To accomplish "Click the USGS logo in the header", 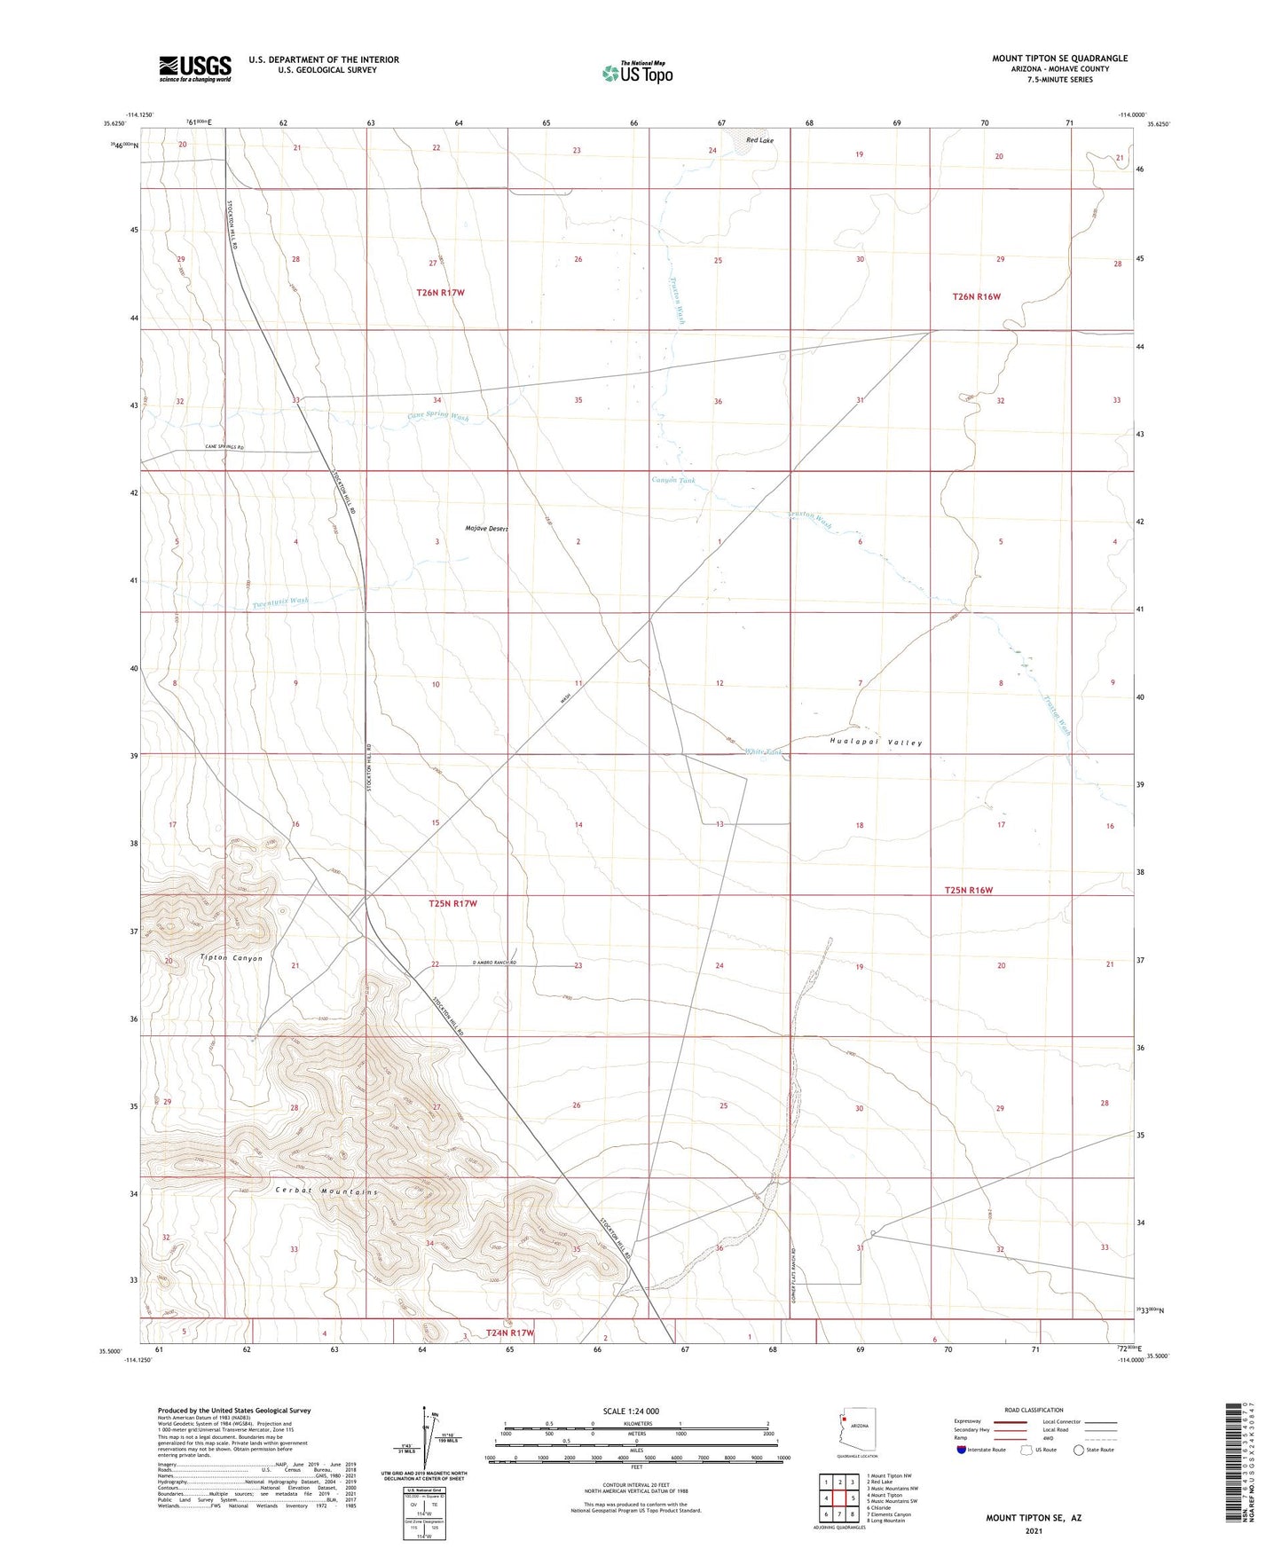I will coord(194,68).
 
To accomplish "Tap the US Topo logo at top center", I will coord(637,73).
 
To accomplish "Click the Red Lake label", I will coord(759,140).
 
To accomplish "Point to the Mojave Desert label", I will coord(486,529).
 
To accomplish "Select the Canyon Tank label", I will coord(673,480).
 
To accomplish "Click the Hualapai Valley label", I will coord(876,742).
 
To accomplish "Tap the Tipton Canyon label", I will coord(232,958).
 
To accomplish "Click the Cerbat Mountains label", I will coord(326,1191).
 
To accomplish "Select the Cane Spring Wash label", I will coord(437,415).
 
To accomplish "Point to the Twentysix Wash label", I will coord(280,602).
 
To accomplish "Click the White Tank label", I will coord(764,751).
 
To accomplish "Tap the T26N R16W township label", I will coord(976,296).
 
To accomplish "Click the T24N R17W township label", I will coord(509,1333).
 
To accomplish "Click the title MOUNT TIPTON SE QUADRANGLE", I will coord(1059,59).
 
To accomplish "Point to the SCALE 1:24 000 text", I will coord(630,1411).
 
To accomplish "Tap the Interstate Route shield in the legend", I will coord(962,1450).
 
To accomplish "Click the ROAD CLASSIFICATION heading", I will coord(1034,1410).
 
